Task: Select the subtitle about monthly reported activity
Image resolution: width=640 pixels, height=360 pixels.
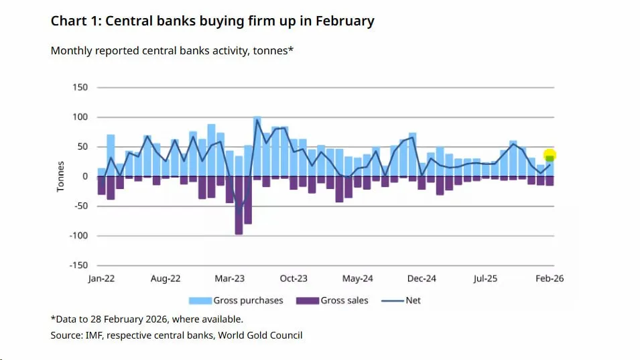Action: (x=172, y=51)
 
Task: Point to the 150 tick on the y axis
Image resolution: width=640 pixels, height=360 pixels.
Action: (x=80, y=88)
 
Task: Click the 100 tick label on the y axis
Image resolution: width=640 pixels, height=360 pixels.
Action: (x=80, y=117)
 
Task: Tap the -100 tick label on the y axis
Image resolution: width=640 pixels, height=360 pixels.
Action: (x=79, y=236)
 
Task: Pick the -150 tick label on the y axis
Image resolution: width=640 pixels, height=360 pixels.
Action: (x=79, y=265)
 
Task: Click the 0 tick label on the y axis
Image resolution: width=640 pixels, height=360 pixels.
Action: (x=85, y=176)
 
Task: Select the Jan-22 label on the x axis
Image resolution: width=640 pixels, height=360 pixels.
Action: (x=102, y=278)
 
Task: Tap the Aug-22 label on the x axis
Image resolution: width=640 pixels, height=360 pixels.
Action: (x=166, y=278)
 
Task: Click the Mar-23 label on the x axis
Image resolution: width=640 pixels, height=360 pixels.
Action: (x=230, y=278)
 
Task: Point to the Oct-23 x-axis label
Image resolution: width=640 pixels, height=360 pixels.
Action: (x=294, y=278)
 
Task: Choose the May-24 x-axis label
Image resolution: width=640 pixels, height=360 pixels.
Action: (x=357, y=278)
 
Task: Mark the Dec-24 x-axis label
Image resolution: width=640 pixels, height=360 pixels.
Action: (x=422, y=278)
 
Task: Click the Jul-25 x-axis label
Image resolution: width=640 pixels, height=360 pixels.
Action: (x=485, y=278)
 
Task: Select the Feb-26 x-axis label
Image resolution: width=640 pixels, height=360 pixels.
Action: (x=549, y=278)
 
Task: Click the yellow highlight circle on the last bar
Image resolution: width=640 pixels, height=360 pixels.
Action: (x=550, y=156)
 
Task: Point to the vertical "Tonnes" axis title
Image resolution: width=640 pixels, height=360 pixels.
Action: (x=61, y=176)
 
